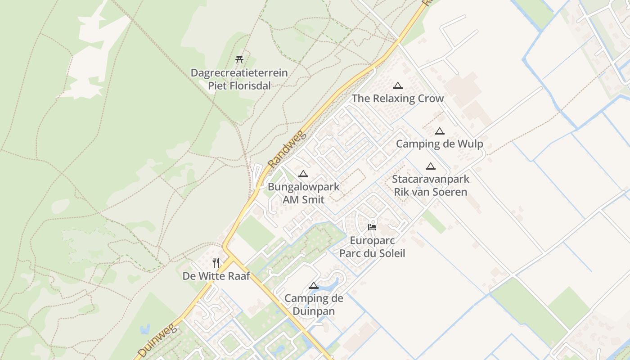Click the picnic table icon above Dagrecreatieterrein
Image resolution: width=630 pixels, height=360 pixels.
tap(239, 59)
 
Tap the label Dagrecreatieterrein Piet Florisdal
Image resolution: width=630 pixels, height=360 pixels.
tap(239, 79)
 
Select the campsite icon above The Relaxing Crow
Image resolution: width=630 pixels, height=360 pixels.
tap(397, 85)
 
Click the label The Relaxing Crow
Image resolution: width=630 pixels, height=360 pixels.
tap(397, 99)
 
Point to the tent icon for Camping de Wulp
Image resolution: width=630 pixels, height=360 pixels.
tap(440, 131)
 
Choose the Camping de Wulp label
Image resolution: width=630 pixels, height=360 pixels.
tap(439, 144)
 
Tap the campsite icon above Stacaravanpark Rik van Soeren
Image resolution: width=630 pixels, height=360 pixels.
tap(431, 166)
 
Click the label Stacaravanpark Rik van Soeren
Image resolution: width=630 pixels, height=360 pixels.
tap(431, 185)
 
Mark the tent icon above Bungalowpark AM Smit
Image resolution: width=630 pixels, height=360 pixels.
tap(303, 174)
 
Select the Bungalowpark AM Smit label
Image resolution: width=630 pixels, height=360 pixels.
tap(303, 193)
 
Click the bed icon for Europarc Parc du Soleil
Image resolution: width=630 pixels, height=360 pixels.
tap(372, 227)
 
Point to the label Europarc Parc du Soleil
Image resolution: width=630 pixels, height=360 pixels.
tap(372, 247)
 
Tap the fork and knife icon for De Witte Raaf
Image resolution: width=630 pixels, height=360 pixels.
tap(216, 263)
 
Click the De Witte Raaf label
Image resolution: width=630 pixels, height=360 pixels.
tap(216, 276)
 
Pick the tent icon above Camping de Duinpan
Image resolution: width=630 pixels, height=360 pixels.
tap(314, 285)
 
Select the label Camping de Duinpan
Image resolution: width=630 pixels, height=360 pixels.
tap(314, 305)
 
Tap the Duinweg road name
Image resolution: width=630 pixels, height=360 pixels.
tap(158, 341)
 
